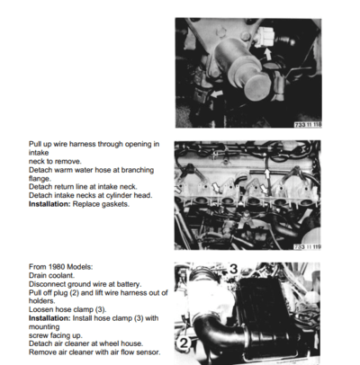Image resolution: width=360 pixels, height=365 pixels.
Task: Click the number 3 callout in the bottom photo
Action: coord(231,267)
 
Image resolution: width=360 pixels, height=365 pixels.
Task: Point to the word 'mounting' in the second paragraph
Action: coord(48,327)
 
